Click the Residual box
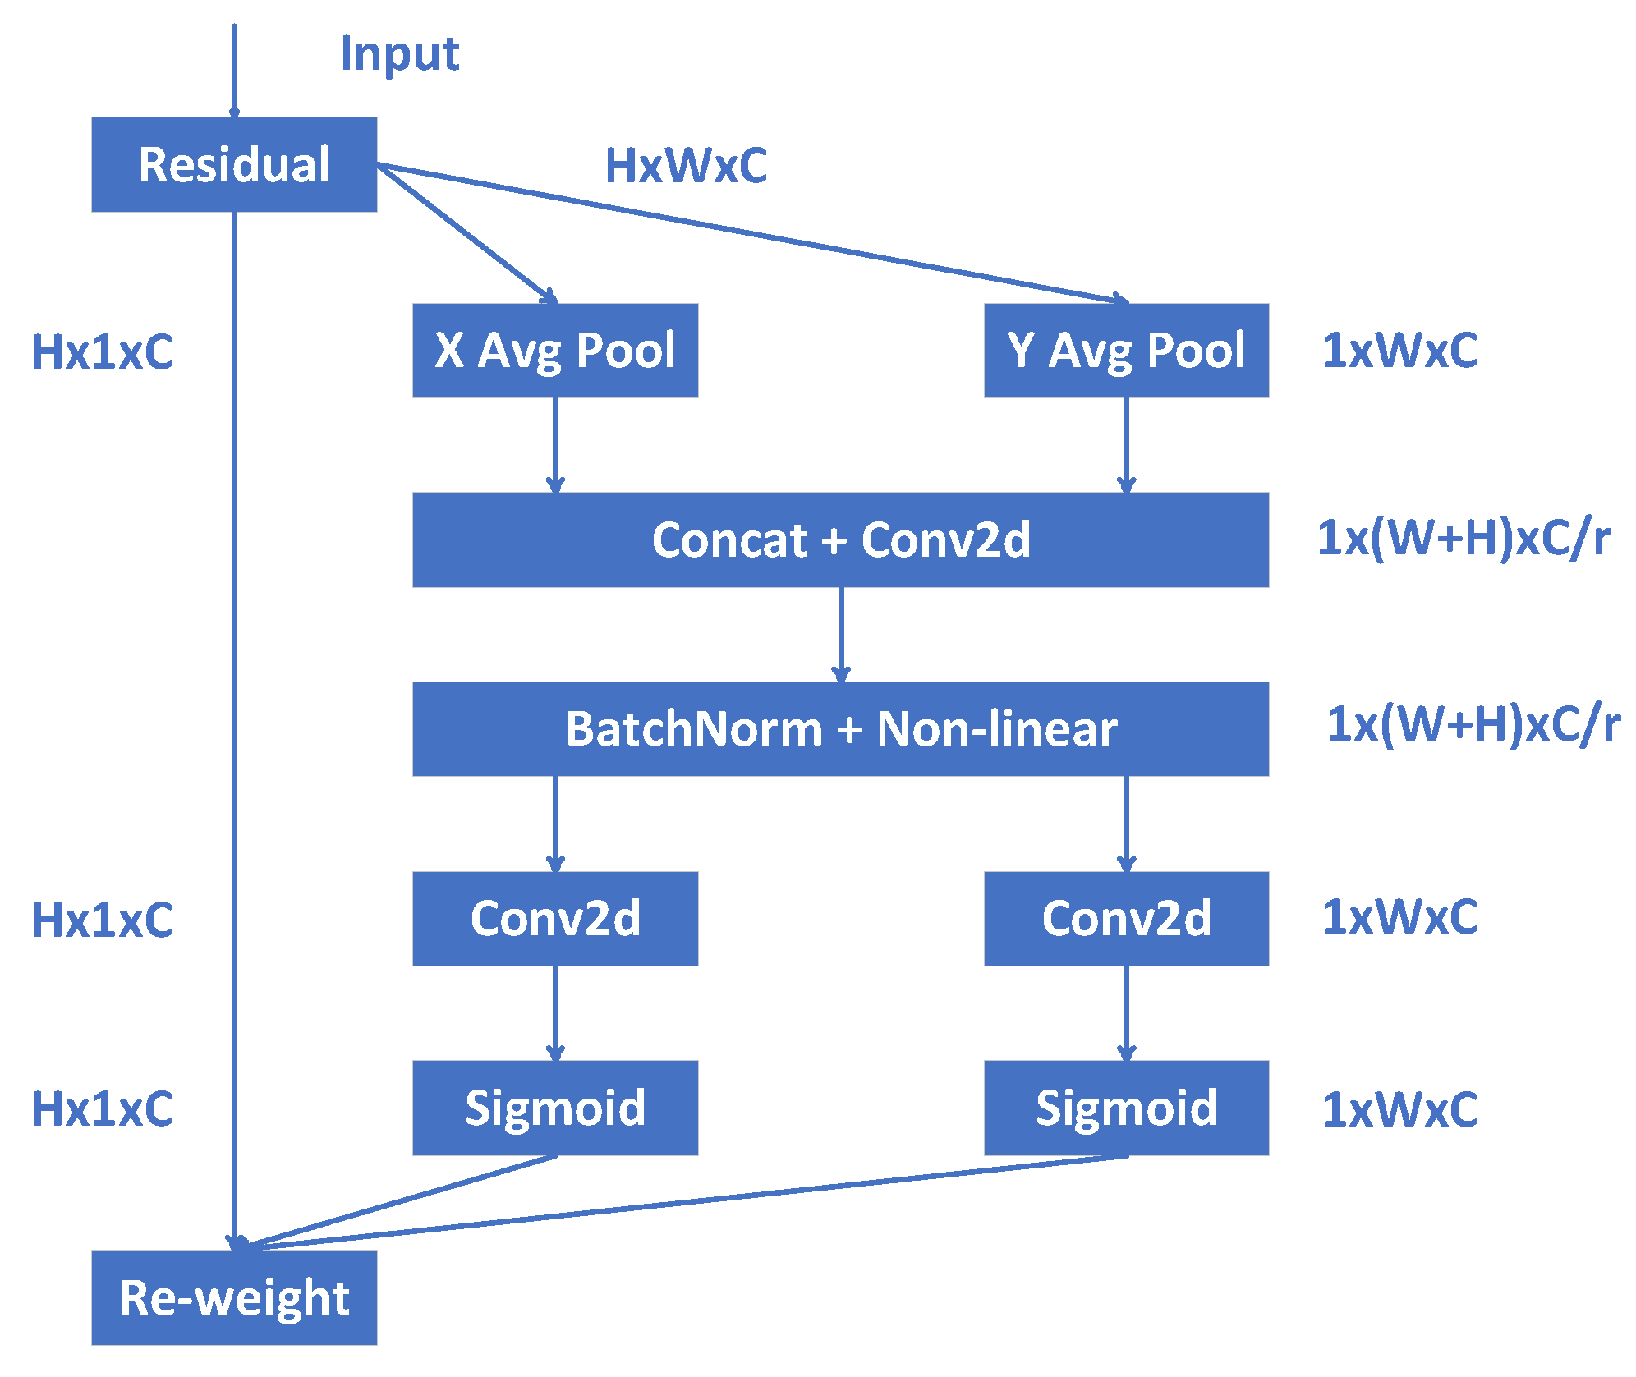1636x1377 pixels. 234,164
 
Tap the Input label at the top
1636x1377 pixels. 400,54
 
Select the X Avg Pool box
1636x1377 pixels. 555,351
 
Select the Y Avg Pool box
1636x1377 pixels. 1126,351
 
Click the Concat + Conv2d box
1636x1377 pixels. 840,539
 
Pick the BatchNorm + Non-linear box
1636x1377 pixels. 840,729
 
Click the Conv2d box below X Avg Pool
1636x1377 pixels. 555,918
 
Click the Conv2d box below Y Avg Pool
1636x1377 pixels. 1126,918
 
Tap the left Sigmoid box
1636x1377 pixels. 555,1108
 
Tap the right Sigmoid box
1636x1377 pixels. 1126,1108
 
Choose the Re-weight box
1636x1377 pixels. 234,1297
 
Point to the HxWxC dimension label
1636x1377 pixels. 686,166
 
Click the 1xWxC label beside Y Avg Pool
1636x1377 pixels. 1399,351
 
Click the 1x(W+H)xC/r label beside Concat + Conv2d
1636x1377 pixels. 1463,539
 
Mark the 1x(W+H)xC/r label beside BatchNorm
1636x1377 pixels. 1473,724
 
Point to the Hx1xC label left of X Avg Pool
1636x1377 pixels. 103,352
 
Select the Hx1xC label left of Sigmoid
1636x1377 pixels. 103,1109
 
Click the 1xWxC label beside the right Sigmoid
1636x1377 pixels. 1399,1109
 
